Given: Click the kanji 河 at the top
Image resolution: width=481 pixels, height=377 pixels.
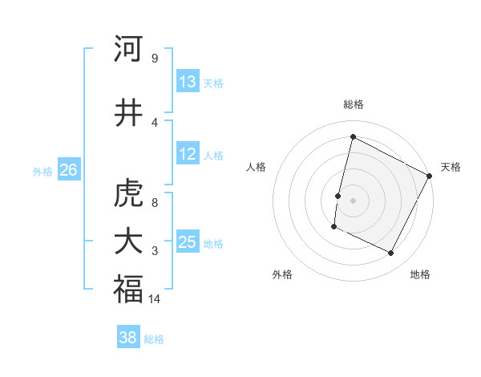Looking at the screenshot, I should coord(128,49).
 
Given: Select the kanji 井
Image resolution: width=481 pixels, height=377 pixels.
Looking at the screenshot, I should coord(128,113).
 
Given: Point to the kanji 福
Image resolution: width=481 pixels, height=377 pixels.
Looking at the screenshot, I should coord(128,290).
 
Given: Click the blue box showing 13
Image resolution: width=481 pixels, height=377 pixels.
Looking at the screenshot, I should coord(188,82).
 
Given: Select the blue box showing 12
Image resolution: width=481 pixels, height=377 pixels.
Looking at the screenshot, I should coord(188,154).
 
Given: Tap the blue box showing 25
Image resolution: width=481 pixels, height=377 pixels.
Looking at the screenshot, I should coord(188,242).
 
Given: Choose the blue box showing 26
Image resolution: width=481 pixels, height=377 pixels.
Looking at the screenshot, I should coord(68,170).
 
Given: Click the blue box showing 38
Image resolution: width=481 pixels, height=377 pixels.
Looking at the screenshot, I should coord(128,338).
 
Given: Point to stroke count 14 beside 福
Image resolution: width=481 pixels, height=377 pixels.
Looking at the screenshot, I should coord(156,299).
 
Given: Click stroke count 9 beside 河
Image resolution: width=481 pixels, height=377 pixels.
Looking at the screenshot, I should coord(154,59).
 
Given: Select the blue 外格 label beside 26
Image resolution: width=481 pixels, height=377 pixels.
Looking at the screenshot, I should coord(42,171).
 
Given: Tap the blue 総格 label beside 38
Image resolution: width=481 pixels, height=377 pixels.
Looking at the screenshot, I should coord(154,339).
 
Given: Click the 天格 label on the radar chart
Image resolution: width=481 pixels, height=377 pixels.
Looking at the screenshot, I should coord(451,167).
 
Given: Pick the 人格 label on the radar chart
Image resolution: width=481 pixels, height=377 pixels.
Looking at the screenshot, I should coord(257,167).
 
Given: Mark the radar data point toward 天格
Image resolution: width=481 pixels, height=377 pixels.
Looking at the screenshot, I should coord(430,176).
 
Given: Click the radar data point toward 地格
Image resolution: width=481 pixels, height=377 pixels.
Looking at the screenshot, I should coord(391,253).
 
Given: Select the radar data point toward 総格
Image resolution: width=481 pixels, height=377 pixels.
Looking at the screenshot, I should coord(353,137).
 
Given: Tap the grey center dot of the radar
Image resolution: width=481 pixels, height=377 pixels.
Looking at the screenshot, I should coord(353,201).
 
